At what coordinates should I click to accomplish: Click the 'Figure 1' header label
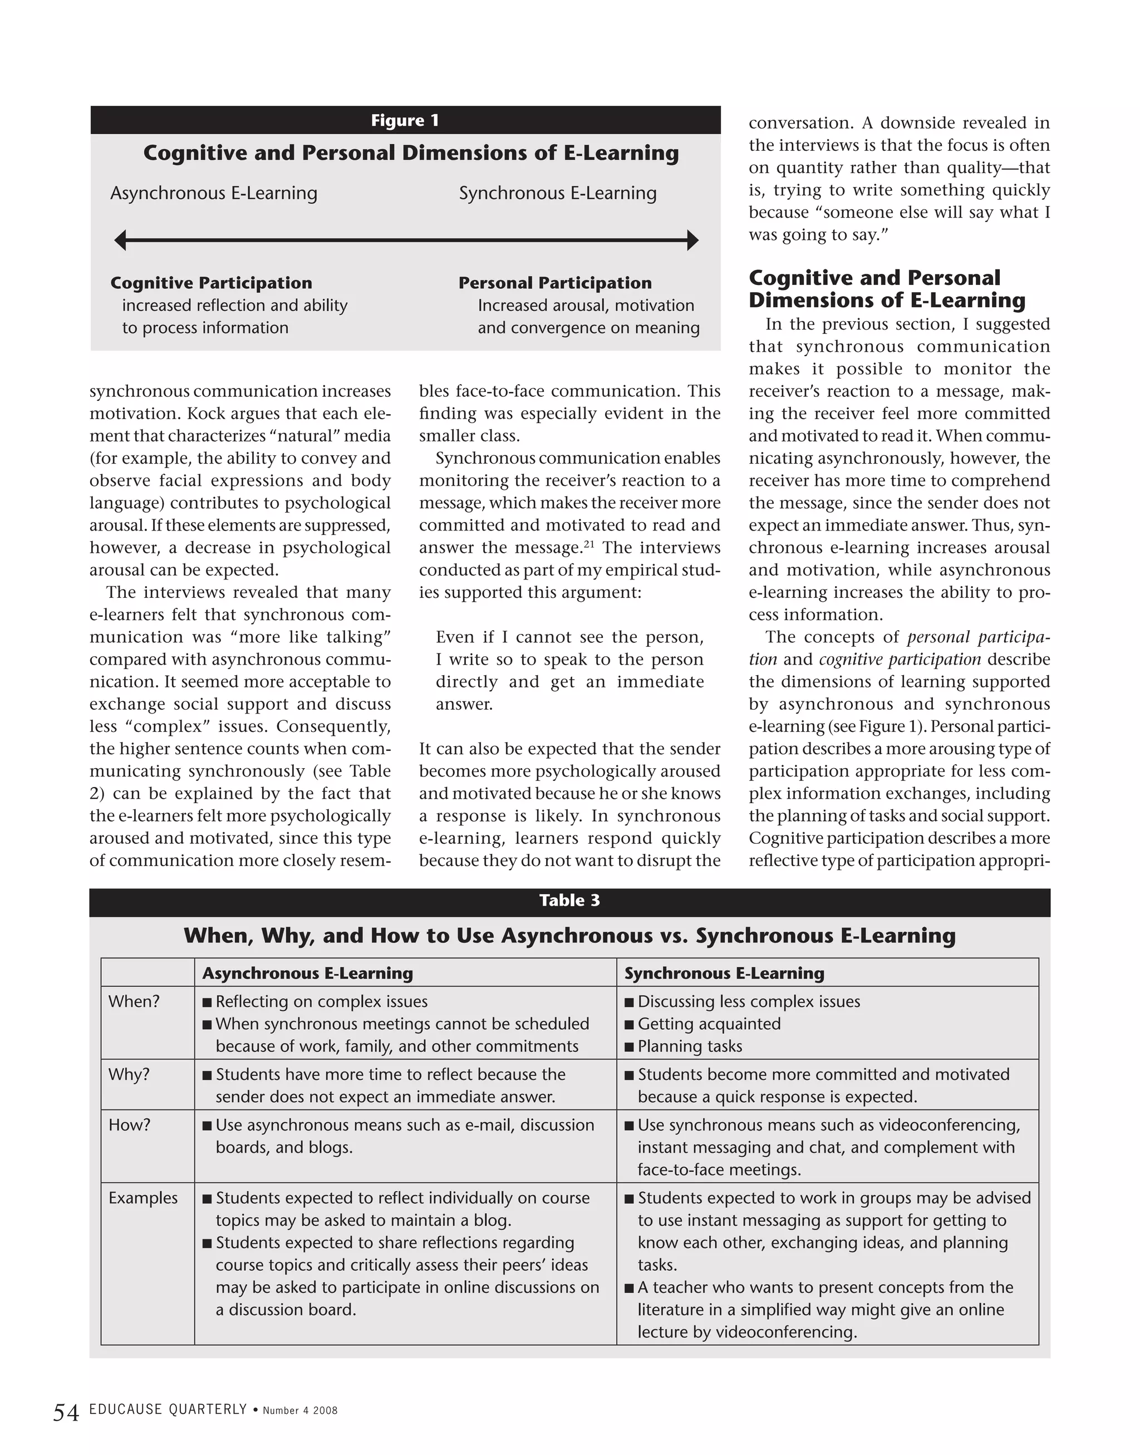tap(405, 121)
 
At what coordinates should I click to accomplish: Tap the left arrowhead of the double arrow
tap(121, 240)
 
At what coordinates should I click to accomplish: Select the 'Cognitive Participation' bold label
tap(211, 283)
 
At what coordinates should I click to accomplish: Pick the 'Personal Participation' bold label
tap(554, 283)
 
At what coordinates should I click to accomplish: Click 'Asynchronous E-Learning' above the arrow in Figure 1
tap(214, 194)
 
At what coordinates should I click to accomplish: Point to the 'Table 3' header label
tap(569, 901)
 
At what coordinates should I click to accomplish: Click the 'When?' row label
tap(134, 1001)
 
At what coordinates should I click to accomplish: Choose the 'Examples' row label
tap(143, 1198)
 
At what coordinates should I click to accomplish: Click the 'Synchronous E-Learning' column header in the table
tap(724, 973)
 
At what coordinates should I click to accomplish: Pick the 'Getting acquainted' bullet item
tap(709, 1024)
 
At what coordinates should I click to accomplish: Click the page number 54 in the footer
tap(66, 1413)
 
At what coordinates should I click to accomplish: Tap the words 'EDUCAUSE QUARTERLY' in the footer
tap(168, 1409)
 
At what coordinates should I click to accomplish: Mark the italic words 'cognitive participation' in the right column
tap(900, 660)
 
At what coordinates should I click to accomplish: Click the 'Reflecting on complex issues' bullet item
tap(321, 1001)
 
